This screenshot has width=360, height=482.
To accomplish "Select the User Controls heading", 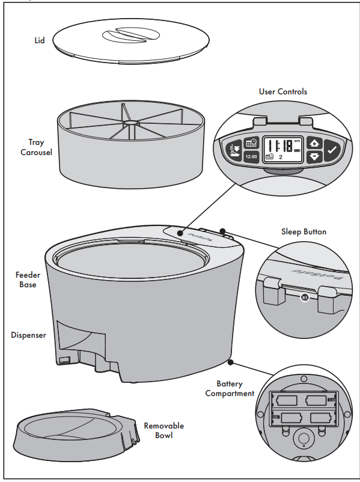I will pos(282,91).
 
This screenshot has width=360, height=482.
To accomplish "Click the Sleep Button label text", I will pos(304,231).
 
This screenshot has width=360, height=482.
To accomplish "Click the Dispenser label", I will pos(28,335).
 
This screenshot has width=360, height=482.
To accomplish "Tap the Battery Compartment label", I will pos(230,388).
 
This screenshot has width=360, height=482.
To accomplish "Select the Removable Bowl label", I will pos(163,430).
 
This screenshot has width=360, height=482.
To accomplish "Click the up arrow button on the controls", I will pos(314,144).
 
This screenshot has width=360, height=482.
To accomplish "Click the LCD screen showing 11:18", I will pos(283,150).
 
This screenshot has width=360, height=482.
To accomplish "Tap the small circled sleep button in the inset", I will pos(305,297).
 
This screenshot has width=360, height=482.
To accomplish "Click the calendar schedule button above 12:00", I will pos(252,144).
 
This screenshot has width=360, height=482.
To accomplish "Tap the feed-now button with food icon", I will pos(233,151).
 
